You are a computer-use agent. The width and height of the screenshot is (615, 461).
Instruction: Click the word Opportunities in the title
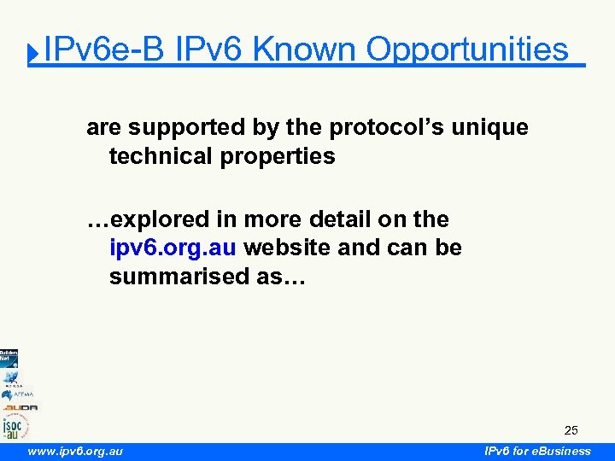[467, 50]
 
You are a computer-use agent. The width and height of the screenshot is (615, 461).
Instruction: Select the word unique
[490, 128]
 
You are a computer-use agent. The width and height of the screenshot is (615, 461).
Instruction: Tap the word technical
[165, 156]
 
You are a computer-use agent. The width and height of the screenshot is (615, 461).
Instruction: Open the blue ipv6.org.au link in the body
[177, 248]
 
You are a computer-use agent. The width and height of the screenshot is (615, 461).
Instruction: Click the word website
[289, 248]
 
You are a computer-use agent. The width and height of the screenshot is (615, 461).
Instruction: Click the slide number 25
[571, 430]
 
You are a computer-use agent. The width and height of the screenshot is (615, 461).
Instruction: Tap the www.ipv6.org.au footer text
[75, 451]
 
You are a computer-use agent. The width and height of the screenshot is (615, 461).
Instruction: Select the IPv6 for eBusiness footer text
[537, 451]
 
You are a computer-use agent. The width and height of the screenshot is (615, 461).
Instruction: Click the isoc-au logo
[15, 426]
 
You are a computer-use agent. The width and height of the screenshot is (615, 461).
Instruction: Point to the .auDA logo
[19, 407]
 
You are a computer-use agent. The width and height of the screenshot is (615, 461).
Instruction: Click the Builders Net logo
[9, 357]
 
